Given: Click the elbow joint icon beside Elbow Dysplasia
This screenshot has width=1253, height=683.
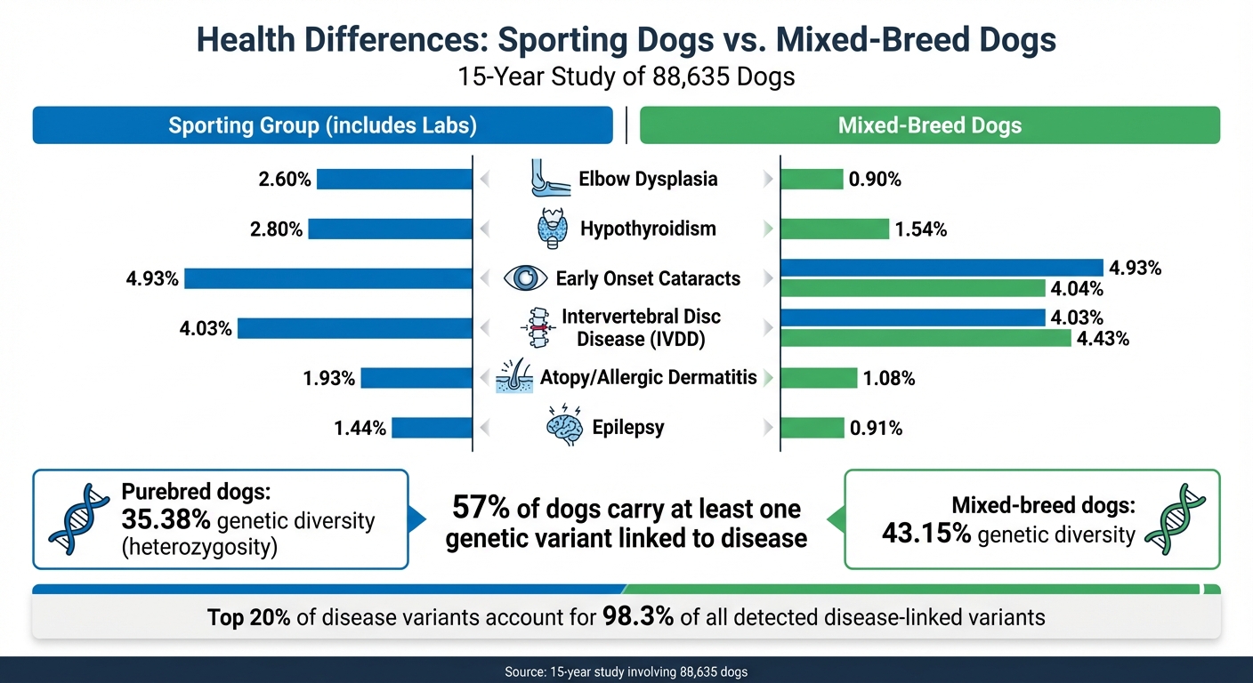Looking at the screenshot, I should coord(548,179).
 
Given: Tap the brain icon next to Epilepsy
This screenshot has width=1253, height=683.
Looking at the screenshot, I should coord(563,428).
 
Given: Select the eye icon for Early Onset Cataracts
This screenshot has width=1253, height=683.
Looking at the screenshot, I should coord(525,278).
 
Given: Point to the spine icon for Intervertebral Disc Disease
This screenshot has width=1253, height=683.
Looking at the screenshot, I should coord(537,328).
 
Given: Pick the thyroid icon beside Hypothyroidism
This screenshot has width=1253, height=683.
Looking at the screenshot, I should coord(553,229).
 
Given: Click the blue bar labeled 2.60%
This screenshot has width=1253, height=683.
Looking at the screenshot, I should coord(394,179).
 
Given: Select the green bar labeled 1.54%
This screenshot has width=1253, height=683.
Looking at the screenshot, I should coord(835,229).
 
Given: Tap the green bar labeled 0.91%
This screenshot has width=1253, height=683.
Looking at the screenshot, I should coord(812,428).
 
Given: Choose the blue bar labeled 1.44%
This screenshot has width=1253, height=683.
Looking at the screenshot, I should coord(432,428).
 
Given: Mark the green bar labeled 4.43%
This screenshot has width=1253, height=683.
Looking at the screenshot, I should coord(926,338).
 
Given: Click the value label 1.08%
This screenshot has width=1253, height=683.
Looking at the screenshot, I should coord(888,379).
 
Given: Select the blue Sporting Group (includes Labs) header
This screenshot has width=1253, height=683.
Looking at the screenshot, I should coord(322,125).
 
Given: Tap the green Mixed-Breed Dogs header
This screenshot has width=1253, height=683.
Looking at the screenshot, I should coord(930,125).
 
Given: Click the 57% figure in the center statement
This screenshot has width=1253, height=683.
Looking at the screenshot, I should coord(481,509).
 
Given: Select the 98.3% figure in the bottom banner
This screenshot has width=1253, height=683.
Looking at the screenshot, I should coord(637,615).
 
